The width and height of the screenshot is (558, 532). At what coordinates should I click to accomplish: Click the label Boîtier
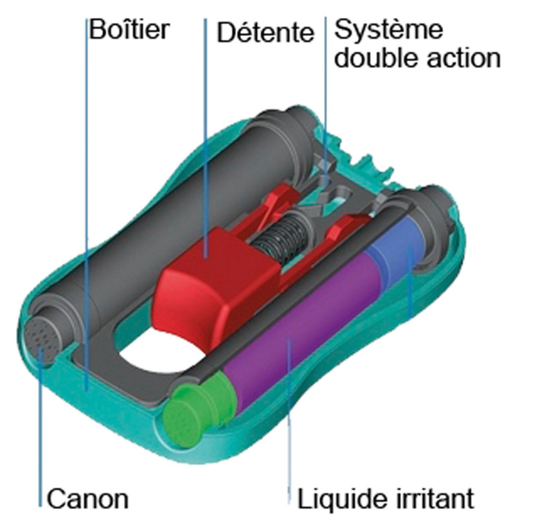point(129,30)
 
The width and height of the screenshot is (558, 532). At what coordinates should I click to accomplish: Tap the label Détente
point(265,33)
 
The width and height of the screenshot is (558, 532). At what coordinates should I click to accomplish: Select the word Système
point(388,30)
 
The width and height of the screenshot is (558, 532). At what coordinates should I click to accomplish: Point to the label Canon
point(87,499)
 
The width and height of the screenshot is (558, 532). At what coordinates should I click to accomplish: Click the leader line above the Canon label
point(41,427)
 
